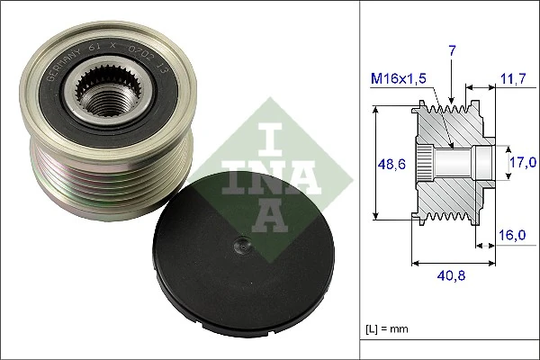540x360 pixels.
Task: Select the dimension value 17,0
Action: [x=521, y=163]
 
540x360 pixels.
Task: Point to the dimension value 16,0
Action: [x=511, y=235]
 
